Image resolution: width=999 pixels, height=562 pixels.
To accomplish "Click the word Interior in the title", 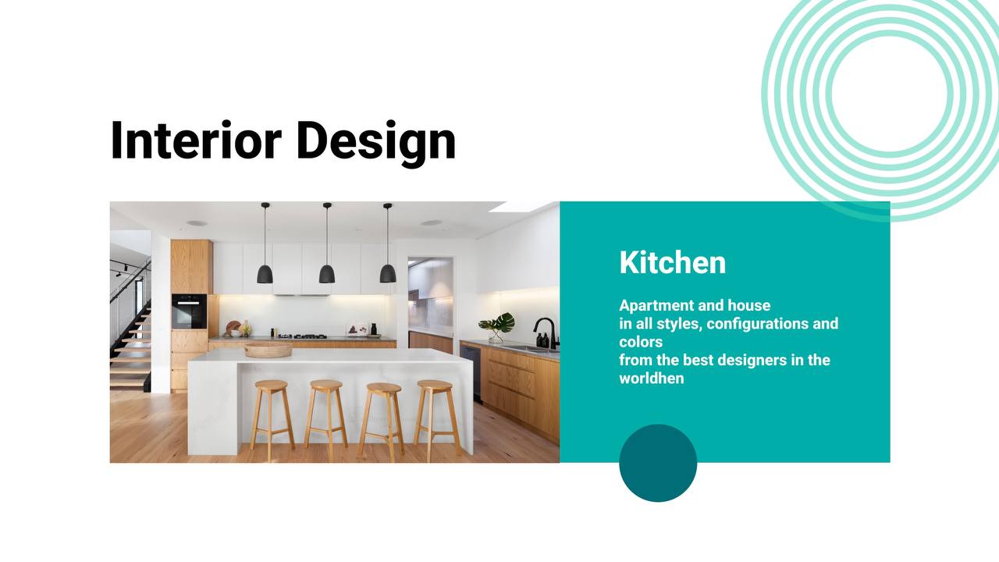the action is [x=196, y=140].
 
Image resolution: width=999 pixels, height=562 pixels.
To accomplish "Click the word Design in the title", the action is [x=376, y=143].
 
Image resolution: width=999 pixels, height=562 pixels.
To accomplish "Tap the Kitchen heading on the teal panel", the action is [x=673, y=262].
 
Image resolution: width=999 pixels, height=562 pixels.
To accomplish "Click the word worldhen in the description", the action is [x=652, y=379].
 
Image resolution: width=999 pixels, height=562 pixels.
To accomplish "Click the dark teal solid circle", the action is [x=658, y=463].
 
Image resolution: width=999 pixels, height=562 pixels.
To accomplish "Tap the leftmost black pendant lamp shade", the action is [x=265, y=274].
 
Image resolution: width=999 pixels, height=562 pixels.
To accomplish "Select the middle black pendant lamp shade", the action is [x=327, y=274].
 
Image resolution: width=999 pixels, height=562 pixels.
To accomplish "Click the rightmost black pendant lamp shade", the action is [x=388, y=273].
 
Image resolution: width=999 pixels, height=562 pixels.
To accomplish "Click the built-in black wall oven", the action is [x=189, y=311].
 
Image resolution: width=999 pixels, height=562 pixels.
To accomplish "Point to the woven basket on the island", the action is [x=268, y=350].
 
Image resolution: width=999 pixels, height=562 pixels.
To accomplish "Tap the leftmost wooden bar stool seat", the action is [x=271, y=386].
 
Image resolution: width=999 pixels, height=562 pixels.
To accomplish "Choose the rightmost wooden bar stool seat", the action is [x=435, y=386].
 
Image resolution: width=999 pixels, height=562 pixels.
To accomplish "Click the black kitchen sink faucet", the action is [x=547, y=333].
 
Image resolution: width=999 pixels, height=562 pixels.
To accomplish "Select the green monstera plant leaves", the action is [x=498, y=322].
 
